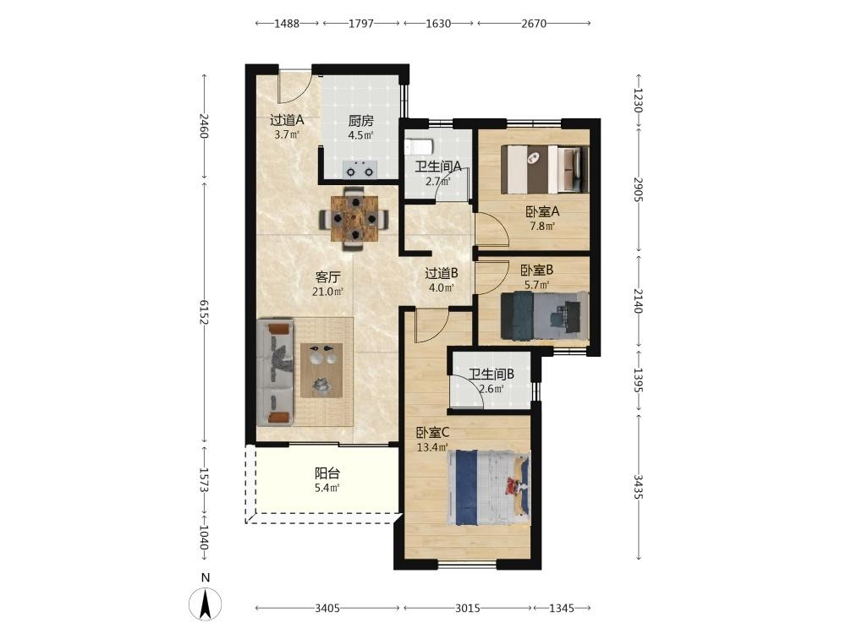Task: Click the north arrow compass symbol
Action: pos(205,604)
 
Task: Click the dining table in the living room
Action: pos(354,218)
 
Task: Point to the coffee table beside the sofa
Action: pos(321,370)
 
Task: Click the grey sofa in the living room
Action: pos(275,372)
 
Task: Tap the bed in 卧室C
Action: pos(488,488)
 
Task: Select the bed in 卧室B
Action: pos(544,314)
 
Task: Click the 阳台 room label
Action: pos(327,473)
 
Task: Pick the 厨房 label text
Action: pos(360,121)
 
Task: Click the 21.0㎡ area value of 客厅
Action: pos(327,292)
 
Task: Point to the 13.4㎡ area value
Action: pos(432,447)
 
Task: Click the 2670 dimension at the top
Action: pos(534,23)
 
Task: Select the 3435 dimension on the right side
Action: pos(638,487)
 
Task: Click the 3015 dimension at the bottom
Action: pos(467,608)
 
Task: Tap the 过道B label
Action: pos(442,273)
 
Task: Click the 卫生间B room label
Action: pos(491,374)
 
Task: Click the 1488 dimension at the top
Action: pos(287,23)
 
